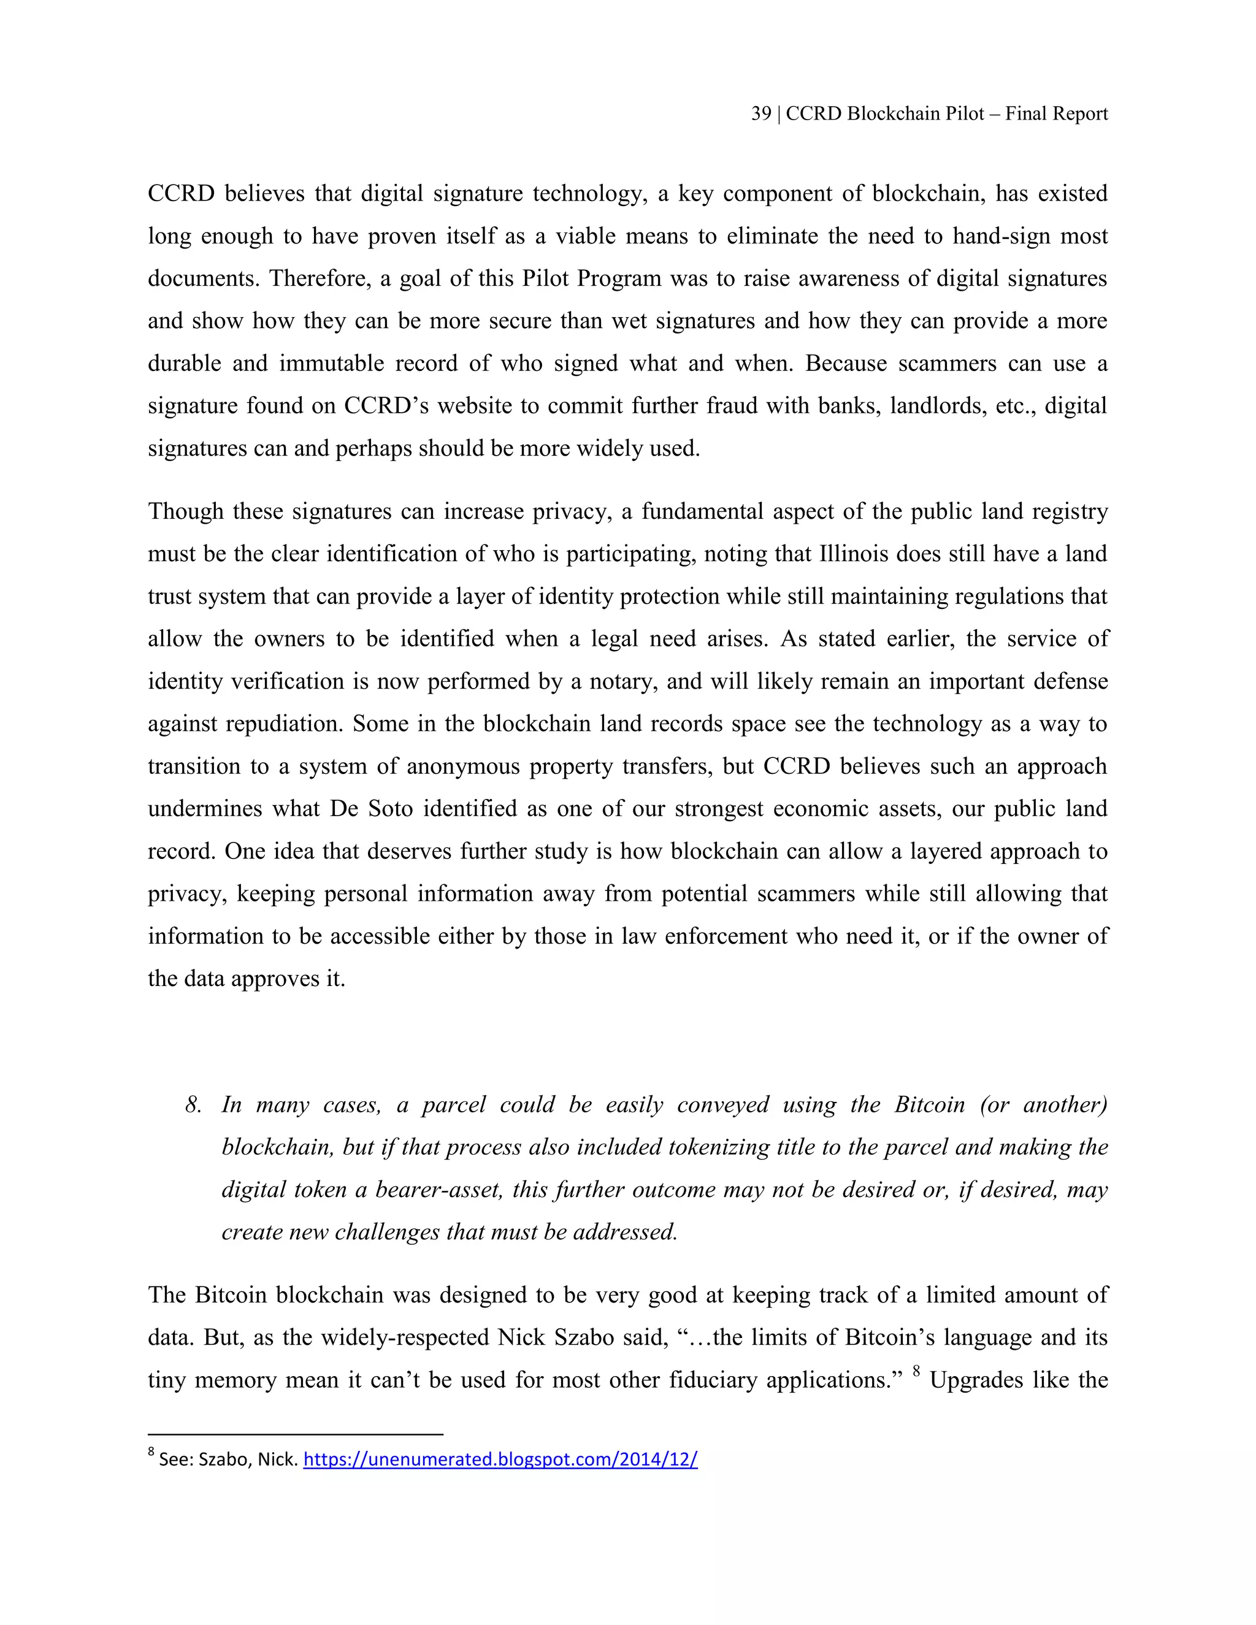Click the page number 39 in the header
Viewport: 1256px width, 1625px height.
point(760,114)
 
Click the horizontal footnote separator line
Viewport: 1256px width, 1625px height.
point(296,1434)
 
